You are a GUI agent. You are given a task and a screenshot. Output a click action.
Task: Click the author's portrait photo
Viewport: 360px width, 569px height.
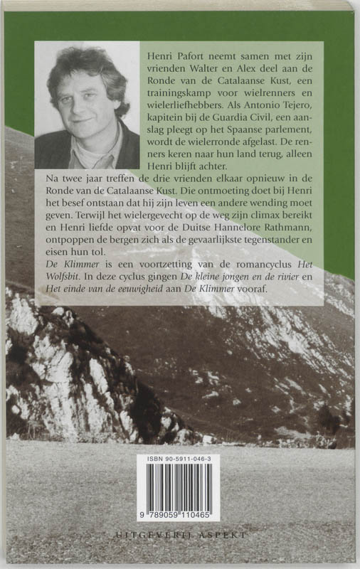(87, 105)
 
